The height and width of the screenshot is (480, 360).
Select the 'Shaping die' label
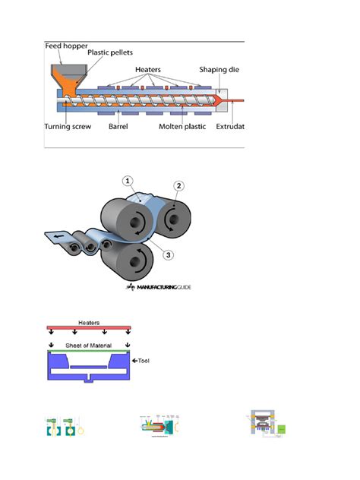pos(219,69)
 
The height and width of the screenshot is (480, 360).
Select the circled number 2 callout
pos(179,185)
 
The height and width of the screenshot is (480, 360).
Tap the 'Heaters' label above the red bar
pos(90,321)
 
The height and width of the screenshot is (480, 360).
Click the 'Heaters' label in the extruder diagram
pos(149,69)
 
